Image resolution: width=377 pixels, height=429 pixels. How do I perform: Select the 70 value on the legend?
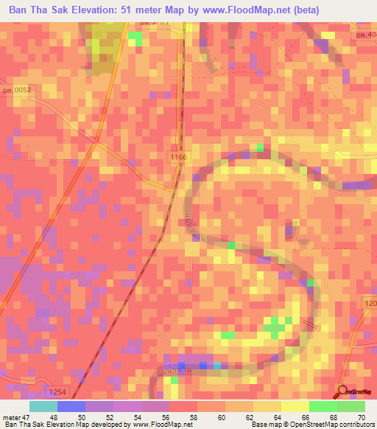coord(362,416)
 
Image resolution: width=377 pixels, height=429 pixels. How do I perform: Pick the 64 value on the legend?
coord(278,416)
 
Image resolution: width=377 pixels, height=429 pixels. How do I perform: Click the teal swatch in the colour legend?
coord(43,406)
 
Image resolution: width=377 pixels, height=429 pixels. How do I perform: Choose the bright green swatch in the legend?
coord(323,406)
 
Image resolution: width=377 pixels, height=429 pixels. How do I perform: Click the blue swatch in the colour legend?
coord(71,406)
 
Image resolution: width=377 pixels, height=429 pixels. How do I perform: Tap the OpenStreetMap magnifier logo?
coord(341,391)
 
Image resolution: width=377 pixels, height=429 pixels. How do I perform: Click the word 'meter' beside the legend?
coord(12,416)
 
